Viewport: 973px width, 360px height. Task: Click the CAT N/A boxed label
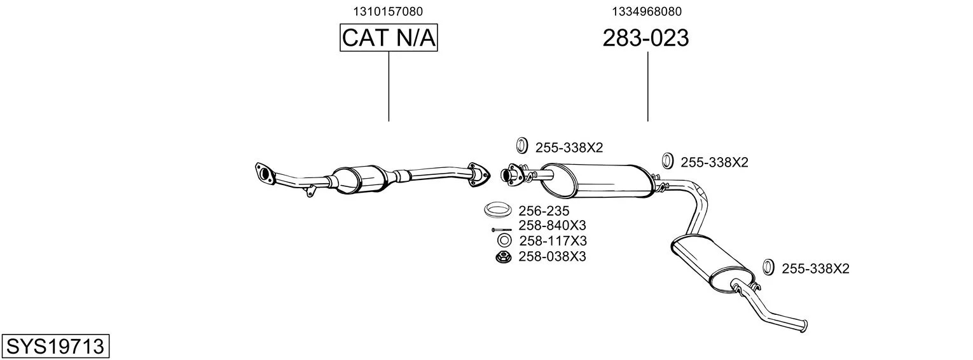coord(389,38)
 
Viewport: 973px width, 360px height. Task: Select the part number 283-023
coord(645,39)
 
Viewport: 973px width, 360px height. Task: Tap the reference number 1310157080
coord(388,11)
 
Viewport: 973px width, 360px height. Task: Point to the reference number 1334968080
coord(647,11)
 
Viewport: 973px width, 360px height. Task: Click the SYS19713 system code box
coord(55,347)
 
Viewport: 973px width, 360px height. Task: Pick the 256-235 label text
coord(543,211)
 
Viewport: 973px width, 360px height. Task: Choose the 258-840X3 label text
coord(552,226)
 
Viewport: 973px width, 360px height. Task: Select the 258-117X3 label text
coord(552,241)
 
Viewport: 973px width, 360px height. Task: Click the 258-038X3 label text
coord(552,257)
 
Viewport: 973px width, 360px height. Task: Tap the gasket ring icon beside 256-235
coord(499,209)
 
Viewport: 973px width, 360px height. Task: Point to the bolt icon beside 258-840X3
coord(501,229)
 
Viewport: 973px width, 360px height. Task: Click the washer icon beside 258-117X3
coord(504,241)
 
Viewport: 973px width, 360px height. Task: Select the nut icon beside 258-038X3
coord(504,257)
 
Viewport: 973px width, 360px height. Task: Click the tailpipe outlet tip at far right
coord(804,325)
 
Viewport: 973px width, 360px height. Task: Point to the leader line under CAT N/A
coord(389,86)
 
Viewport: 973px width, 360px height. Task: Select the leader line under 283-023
coord(647,86)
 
